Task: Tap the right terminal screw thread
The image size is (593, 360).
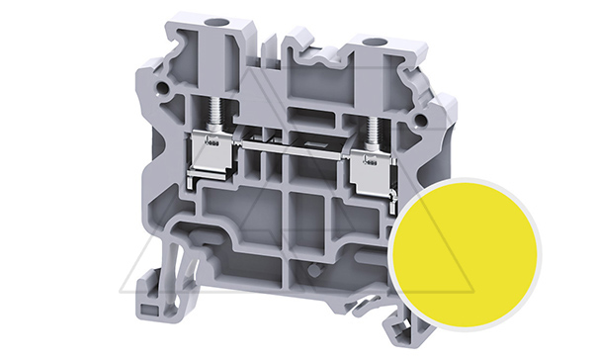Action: pyautogui.click(x=374, y=130)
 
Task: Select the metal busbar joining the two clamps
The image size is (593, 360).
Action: pyautogui.click(x=293, y=156)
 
